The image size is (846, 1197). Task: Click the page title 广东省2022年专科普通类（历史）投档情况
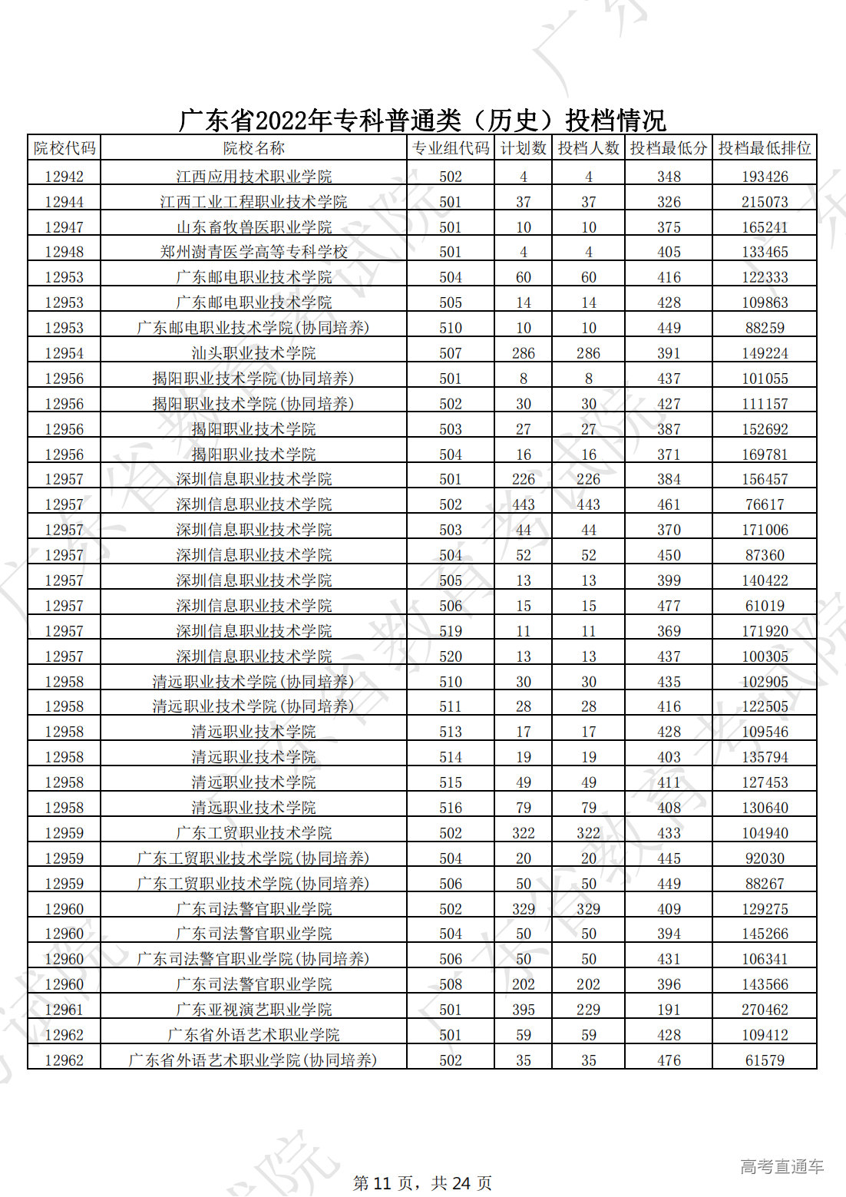(422, 121)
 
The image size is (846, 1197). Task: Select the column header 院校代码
(64, 148)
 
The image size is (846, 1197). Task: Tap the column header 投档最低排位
(764, 148)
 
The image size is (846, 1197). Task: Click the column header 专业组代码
(451, 148)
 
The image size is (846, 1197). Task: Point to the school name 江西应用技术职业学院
(253, 177)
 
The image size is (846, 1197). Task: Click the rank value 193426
(765, 177)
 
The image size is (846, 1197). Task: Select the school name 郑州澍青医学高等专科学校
(253, 252)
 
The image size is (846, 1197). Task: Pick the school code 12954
(64, 353)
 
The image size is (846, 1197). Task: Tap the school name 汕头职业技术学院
(253, 353)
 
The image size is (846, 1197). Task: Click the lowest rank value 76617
(765, 504)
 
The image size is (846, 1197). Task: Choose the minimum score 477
(669, 606)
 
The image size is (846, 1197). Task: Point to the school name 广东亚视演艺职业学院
(253, 1010)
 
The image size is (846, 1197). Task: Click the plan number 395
(524, 1010)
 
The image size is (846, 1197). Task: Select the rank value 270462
(765, 1010)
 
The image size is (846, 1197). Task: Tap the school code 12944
(64, 202)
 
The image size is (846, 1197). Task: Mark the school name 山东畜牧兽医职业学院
(253, 227)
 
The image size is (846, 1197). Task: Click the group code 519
(451, 631)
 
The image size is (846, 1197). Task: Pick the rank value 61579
(765, 1060)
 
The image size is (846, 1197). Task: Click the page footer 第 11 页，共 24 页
(422, 1183)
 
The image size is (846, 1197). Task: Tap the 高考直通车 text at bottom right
(782, 1167)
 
